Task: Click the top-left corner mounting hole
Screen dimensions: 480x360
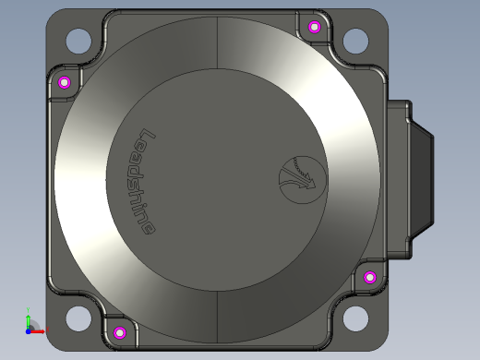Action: (x=78, y=41)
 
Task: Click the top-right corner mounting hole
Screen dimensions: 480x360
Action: (x=355, y=41)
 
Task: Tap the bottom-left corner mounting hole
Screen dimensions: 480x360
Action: (x=78, y=318)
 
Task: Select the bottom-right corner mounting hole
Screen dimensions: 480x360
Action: (x=355, y=318)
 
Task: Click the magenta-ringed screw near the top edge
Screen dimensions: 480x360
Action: (x=314, y=27)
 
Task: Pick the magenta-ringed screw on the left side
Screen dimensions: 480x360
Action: (x=65, y=82)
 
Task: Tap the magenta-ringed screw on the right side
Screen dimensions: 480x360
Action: (x=370, y=278)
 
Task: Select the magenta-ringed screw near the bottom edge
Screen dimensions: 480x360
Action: (x=120, y=332)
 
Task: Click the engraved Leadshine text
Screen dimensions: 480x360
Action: (x=144, y=182)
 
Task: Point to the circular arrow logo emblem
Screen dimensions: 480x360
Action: (x=303, y=180)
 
